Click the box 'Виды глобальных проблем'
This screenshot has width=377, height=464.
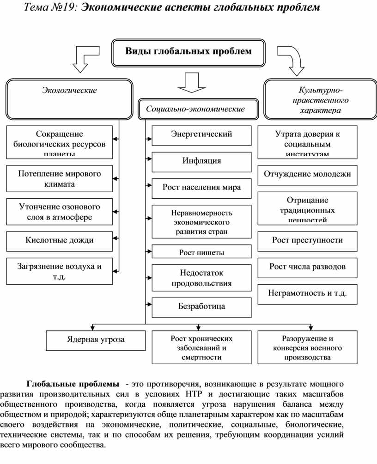coord(188,52)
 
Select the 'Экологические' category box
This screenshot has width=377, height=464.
coord(69,99)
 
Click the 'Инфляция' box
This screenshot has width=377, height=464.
coord(201,161)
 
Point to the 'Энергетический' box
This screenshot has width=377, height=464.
coord(201,135)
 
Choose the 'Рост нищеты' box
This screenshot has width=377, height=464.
coord(201,252)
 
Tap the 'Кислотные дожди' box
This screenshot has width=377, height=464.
coord(60,240)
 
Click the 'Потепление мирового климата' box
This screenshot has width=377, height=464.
coord(60,178)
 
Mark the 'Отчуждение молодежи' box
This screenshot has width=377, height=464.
coord(307,175)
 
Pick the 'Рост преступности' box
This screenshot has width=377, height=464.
coord(307,240)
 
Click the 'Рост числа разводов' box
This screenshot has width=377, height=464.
coord(307,267)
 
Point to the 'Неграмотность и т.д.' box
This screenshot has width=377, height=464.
coord(307,293)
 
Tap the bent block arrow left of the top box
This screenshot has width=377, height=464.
coord(84,58)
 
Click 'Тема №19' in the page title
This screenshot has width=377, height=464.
coord(51,8)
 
